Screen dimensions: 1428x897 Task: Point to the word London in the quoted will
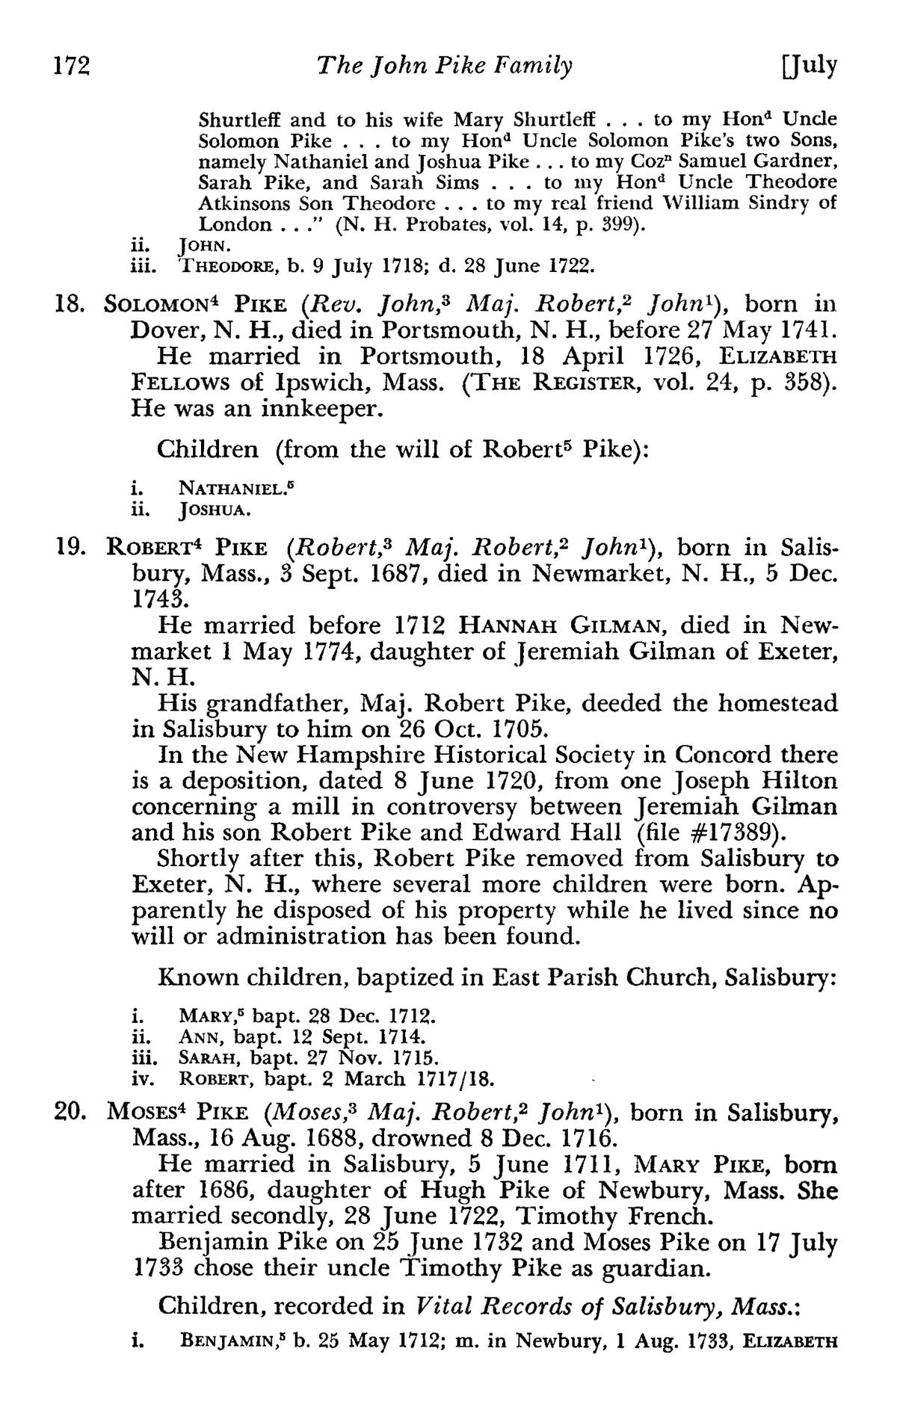[x=235, y=225]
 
